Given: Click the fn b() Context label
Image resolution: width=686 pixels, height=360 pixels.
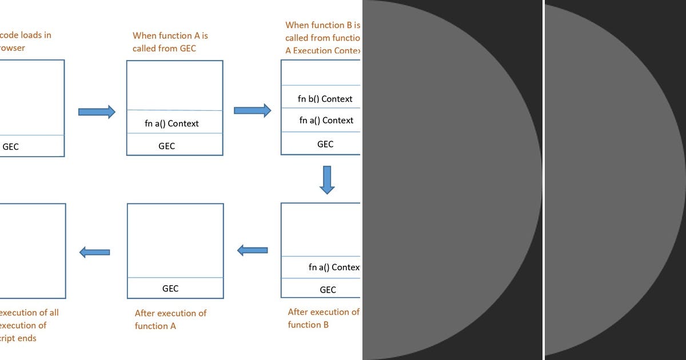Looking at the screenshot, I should (x=325, y=99).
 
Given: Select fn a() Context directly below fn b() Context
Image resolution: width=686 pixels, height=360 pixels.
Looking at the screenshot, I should (x=326, y=121).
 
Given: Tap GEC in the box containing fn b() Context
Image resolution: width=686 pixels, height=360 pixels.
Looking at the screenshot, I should (x=325, y=144).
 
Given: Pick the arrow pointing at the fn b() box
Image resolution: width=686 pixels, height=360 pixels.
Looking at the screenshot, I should (x=252, y=110).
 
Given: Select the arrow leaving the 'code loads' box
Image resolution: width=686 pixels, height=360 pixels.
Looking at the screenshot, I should (x=96, y=111).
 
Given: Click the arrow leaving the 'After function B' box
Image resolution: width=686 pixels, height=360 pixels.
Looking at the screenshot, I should (x=253, y=250).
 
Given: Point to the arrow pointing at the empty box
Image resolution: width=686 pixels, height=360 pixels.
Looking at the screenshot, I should (x=95, y=252).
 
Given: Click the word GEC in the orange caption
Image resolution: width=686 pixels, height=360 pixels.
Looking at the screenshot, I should (x=188, y=49).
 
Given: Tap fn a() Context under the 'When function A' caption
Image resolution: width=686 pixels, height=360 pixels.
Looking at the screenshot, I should (x=172, y=123).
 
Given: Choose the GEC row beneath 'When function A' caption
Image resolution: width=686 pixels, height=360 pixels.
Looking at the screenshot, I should (x=167, y=146).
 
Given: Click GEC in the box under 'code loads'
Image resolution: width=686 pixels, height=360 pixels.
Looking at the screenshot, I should (x=11, y=147).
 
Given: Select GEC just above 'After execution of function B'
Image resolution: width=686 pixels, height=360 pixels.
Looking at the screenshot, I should (x=328, y=290).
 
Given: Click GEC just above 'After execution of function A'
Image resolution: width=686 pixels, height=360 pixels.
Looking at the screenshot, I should (x=170, y=289).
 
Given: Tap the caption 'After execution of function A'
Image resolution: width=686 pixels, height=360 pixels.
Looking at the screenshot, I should (x=170, y=319).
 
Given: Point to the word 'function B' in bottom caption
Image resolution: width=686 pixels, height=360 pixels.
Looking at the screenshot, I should (x=308, y=325).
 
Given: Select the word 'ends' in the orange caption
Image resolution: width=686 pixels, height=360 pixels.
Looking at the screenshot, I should (x=27, y=338).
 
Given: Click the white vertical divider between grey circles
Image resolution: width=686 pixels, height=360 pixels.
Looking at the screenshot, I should (x=544, y=180).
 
